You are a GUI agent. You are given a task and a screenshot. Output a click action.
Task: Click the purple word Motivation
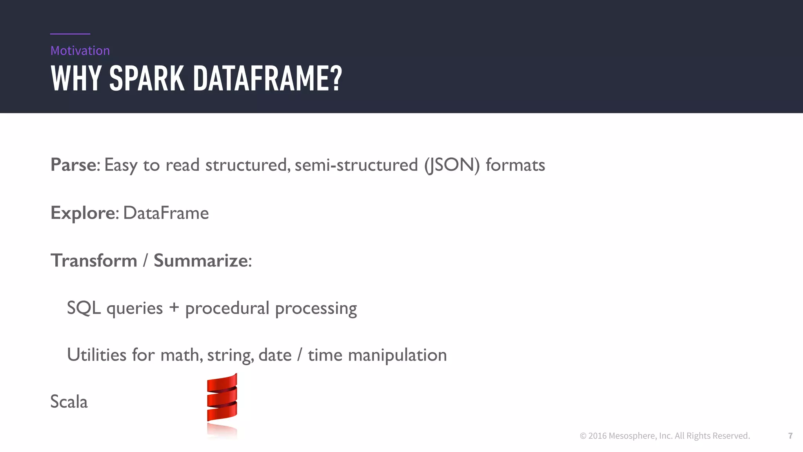[x=80, y=51]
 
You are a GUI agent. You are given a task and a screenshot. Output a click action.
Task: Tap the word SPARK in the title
[x=147, y=78]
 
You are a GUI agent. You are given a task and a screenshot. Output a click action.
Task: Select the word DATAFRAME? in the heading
[x=267, y=78]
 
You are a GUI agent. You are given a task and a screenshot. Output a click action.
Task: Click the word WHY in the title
[x=76, y=78]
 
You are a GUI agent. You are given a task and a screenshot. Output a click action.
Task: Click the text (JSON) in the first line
[x=452, y=165]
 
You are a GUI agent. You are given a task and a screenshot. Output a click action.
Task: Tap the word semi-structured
[x=356, y=165]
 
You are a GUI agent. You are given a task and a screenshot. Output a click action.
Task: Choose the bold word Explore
[x=83, y=213]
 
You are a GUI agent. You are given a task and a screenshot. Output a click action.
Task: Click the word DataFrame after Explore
[x=166, y=213]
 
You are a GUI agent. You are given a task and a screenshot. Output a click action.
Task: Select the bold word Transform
[x=94, y=261]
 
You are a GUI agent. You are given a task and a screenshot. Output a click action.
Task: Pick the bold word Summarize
[x=201, y=261]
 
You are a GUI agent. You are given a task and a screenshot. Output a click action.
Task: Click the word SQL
[x=84, y=308]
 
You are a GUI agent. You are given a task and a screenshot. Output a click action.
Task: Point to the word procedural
[x=227, y=308]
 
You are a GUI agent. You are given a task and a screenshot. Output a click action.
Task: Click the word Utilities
[x=97, y=355]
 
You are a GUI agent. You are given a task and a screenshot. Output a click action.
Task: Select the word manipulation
[x=397, y=355]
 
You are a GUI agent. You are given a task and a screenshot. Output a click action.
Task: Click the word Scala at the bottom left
[x=69, y=402]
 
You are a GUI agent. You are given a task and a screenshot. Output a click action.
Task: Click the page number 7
[x=790, y=436]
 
